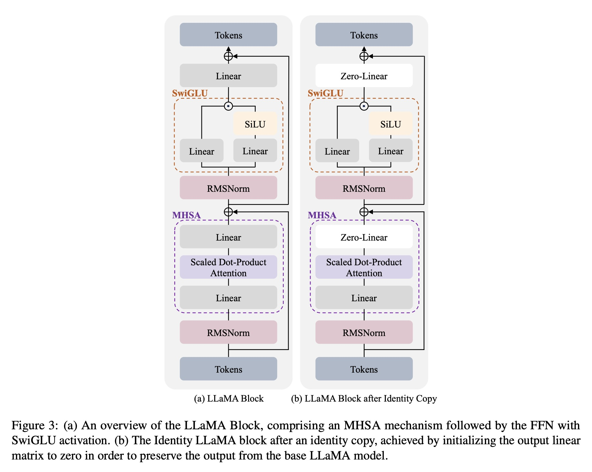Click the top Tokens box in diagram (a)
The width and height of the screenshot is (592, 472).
tap(228, 35)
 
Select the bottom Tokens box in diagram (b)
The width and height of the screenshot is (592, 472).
tap(364, 369)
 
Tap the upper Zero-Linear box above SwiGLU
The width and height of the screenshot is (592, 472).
tap(364, 76)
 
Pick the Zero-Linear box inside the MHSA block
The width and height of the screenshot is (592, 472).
tap(364, 237)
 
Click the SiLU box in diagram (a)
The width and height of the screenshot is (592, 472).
tap(255, 124)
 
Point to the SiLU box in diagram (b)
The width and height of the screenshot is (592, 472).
tap(391, 124)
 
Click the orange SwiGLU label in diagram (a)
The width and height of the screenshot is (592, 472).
tap(190, 93)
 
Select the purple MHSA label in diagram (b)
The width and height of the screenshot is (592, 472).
tap(322, 215)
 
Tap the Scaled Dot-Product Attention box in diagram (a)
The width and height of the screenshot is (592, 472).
tap(228, 267)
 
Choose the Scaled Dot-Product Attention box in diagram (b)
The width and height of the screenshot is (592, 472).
tap(364, 267)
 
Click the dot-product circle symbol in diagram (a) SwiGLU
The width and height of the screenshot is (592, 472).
tap(228, 106)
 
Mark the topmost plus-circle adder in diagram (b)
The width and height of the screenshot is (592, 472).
tap(364, 56)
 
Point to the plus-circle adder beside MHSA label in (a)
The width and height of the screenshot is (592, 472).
tap(228, 212)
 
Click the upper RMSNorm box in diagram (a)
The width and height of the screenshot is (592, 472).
tap(228, 188)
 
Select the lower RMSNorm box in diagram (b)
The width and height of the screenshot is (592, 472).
tap(364, 332)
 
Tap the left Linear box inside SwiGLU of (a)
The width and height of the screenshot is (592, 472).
tap(201, 151)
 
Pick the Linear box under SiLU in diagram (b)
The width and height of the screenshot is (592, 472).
tap(391, 151)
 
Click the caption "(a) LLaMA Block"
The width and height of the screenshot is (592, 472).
tap(229, 399)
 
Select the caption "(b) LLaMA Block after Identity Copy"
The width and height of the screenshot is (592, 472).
tap(364, 399)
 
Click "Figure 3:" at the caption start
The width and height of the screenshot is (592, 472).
tap(34, 425)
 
